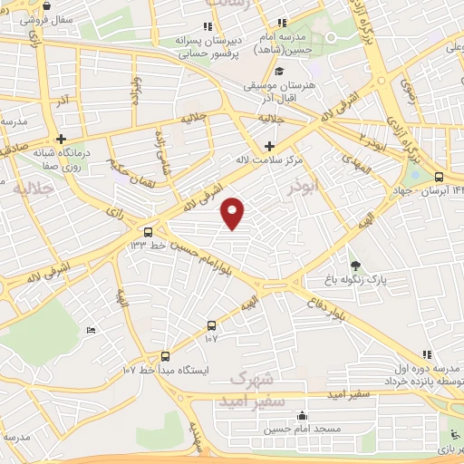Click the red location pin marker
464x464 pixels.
(x=234, y=212)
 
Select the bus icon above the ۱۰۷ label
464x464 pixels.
(x=211, y=324)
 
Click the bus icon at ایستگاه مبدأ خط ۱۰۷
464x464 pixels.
(x=165, y=355)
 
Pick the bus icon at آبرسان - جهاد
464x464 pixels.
(x=440, y=178)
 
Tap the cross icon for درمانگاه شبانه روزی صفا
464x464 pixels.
(x=61, y=140)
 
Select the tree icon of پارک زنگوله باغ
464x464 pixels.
(x=355, y=266)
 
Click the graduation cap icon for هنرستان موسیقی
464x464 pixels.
(x=280, y=72)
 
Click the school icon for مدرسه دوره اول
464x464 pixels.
(x=427, y=354)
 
